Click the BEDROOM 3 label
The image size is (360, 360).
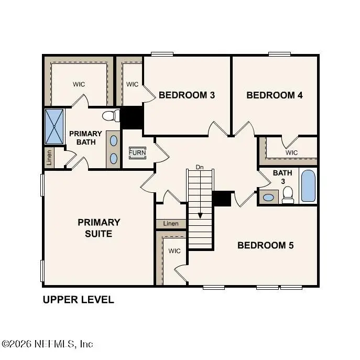(180, 95)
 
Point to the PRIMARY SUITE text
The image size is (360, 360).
(99, 228)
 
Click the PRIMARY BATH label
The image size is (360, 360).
(85, 138)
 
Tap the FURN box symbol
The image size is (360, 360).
(138, 152)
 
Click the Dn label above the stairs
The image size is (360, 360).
(199, 167)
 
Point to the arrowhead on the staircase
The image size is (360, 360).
(200, 215)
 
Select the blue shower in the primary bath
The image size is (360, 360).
(54, 126)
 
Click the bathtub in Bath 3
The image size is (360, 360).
(309, 186)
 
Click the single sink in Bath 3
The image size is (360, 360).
(269, 198)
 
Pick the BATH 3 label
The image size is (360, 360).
(278, 177)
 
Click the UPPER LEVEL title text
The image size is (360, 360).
(78, 300)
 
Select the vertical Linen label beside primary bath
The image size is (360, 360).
(49, 158)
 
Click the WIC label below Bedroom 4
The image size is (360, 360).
(292, 152)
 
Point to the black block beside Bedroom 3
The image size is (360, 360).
(132, 117)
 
